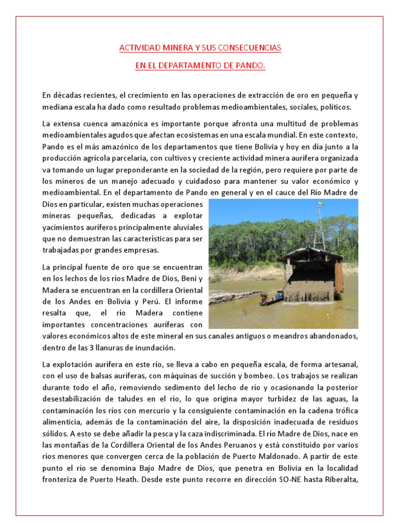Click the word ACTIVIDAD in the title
coord(137,48)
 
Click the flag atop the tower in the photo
coord(321,203)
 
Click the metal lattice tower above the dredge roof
coord(319,229)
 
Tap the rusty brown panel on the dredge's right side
coord(338,278)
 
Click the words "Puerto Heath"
coord(113,480)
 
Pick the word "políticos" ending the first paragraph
coord(336,107)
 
